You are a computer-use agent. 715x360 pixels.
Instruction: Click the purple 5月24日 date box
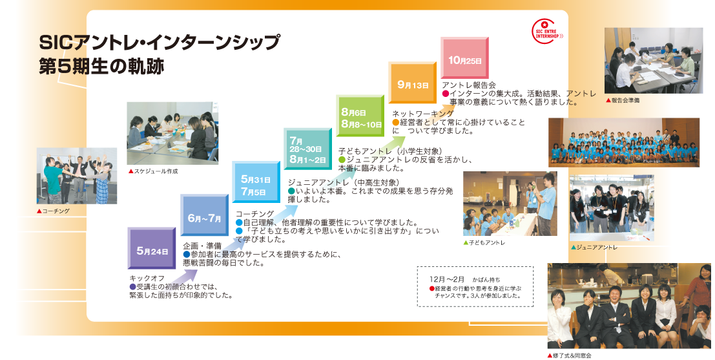(152, 249)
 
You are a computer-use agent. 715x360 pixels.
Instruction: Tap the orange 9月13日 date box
(413, 83)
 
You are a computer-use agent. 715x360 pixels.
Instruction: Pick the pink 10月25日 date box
(464, 58)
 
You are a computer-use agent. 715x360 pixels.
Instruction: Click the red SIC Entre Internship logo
(546, 31)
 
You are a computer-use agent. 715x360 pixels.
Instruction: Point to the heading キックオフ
(147, 279)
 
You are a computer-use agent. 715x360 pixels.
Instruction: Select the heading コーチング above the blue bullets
(255, 213)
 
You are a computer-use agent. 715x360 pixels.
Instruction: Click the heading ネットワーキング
(423, 114)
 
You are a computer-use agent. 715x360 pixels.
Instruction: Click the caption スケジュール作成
(153, 171)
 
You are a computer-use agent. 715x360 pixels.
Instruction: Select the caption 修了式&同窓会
(569, 355)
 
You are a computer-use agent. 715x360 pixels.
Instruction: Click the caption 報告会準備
(623, 100)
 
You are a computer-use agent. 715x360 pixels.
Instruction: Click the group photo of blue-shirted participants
(623, 142)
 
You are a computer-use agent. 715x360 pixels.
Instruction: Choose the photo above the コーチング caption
(77, 176)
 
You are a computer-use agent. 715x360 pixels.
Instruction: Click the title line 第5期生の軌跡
(101, 67)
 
